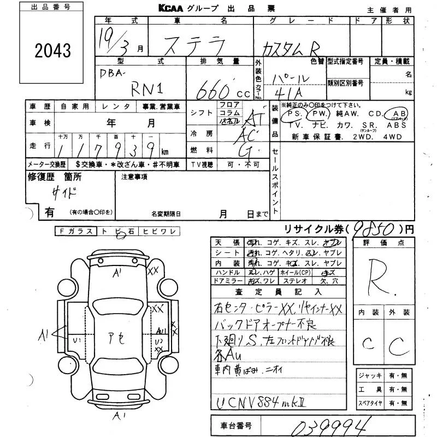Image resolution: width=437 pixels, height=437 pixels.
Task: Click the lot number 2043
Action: click(53, 51)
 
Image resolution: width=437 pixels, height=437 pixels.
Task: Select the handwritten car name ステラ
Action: click(188, 42)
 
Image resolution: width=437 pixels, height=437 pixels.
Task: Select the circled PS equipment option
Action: click(296, 114)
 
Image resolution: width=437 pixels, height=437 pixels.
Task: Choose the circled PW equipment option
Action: click(318, 114)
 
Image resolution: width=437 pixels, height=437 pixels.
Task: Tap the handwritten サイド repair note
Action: click(65, 193)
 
